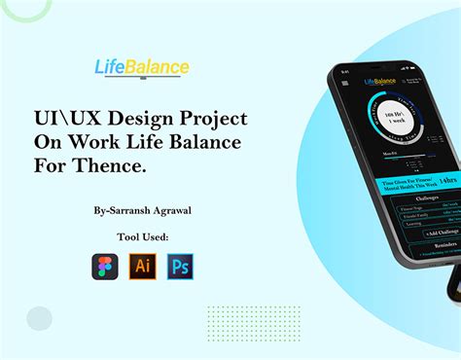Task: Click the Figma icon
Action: (105, 267)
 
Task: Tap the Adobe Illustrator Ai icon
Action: (142, 267)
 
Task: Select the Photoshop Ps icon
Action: (180, 267)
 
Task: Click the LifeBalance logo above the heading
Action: (142, 68)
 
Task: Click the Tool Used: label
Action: (142, 235)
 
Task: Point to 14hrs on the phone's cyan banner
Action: (447, 182)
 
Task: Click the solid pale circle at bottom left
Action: (40, 318)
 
